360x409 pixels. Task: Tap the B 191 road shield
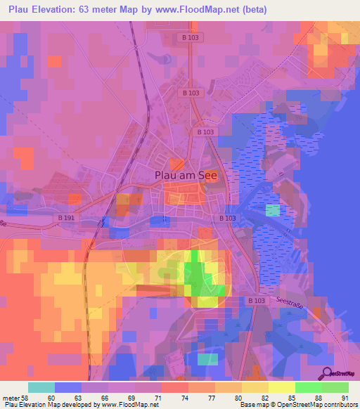(67, 219)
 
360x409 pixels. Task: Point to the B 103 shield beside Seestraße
(257, 300)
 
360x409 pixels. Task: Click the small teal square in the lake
(272, 210)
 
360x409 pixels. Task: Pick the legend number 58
(27, 398)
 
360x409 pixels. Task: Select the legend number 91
(345, 398)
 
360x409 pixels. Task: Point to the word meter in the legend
(11, 398)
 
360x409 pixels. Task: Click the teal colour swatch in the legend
(41, 387)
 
